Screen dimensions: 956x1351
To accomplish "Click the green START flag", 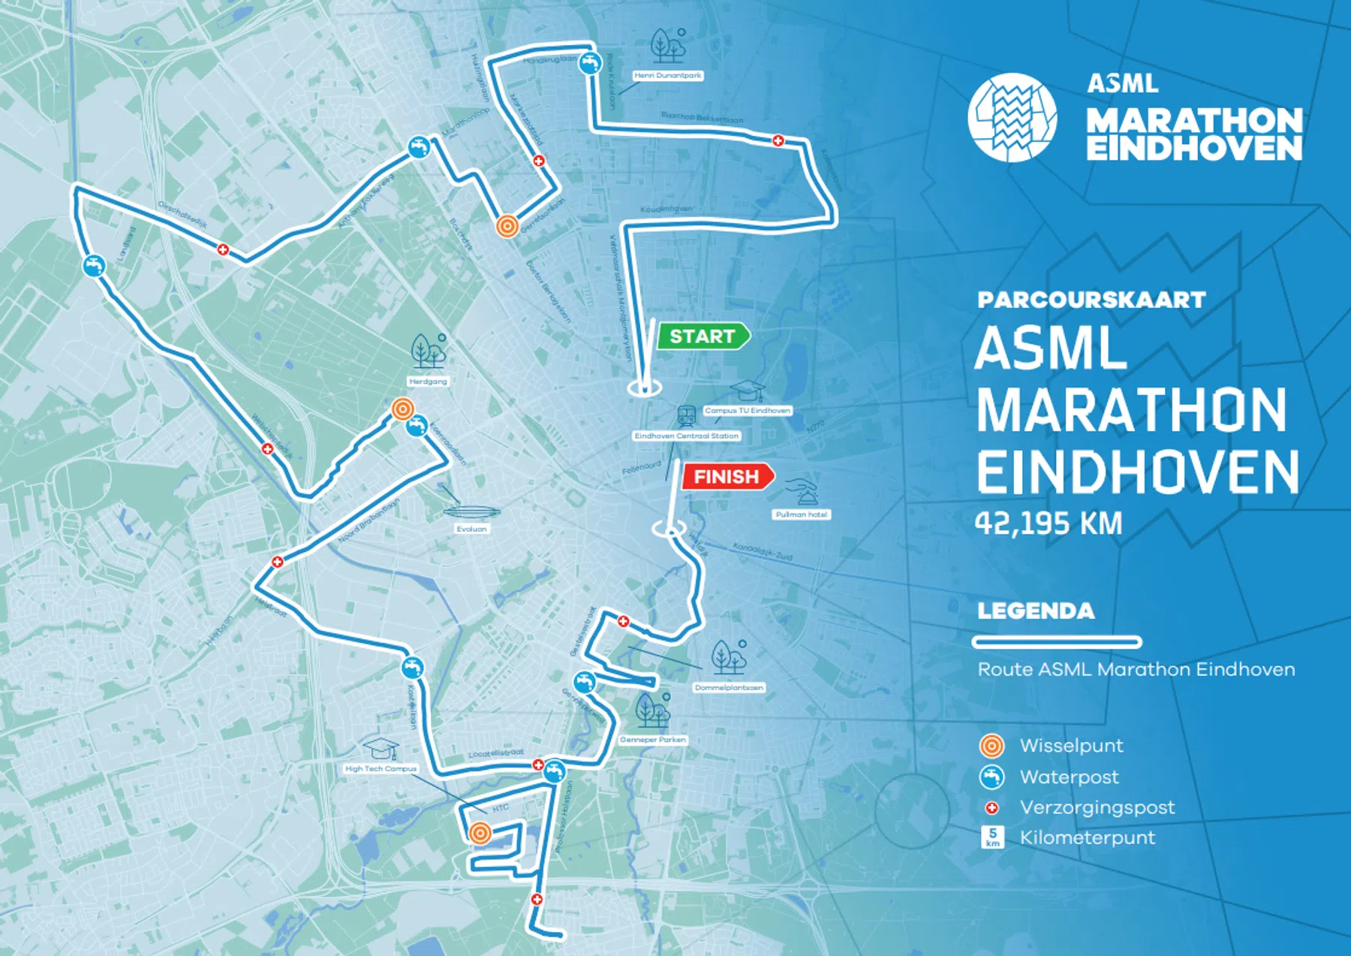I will coord(703,336).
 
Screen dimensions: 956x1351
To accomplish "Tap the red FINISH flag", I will coord(727,477).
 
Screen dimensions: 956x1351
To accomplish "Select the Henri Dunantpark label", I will coord(667,75).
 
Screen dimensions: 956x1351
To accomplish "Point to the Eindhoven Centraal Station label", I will coord(686,436).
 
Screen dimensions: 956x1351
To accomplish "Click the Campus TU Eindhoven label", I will coord(748,411).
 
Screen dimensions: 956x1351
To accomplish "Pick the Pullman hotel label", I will coord(801,514).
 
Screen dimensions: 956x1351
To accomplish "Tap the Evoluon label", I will coord(471,529).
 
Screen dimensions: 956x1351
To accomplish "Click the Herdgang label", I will coord(428,381).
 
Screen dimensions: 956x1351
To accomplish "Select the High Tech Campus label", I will coord(381,768).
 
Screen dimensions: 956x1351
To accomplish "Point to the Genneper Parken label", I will coord(652,740).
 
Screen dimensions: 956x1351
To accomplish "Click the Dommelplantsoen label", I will coord(728,687).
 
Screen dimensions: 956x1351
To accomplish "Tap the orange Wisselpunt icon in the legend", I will coord(991,746).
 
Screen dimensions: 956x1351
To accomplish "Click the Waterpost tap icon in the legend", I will coord(991,777).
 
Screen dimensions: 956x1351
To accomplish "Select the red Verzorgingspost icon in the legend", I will coord(991,808).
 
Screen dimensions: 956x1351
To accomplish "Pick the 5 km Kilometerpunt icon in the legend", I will coord(992,837).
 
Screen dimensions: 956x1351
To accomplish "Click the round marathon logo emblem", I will coord(1012,117).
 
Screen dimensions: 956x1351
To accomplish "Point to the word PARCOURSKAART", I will coord(1091,300).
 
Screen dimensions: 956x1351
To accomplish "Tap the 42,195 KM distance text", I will coord(1049,523).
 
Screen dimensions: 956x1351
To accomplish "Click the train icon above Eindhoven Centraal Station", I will coord(685,415).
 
